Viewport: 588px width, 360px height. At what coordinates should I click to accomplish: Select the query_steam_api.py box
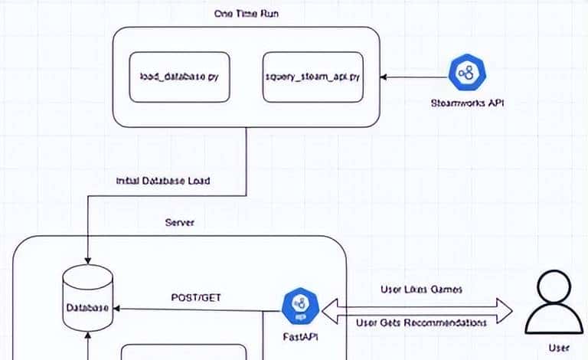pos(312,77)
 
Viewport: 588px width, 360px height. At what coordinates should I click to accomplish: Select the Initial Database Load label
pos(162,181)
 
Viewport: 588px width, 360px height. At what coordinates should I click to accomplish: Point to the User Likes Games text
pos(420,290)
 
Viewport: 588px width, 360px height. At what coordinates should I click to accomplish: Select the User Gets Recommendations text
pos(421,323)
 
